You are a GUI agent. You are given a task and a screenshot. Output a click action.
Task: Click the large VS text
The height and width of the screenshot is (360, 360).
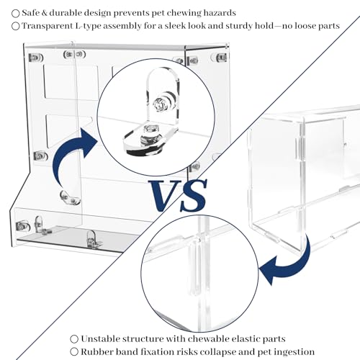(177, 196)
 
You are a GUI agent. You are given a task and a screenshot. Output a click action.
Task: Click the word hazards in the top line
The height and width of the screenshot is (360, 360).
(220, 13)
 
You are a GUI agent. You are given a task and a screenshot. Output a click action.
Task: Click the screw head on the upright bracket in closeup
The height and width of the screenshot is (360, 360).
(159, 104)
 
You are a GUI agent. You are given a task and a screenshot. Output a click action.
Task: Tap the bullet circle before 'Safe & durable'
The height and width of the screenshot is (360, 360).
(16, 14)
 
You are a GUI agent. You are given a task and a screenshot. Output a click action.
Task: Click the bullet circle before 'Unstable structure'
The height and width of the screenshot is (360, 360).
(74, 339)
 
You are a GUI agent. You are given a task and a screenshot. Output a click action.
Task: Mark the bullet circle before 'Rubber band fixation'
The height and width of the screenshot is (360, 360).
(74, 352)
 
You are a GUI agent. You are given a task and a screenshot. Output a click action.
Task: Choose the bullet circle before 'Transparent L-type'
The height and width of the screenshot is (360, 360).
(16, 26)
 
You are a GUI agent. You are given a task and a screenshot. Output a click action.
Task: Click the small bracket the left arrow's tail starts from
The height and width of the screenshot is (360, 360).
(70, 198)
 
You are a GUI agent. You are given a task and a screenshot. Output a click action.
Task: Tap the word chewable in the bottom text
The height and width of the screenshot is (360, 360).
(207, 339)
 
